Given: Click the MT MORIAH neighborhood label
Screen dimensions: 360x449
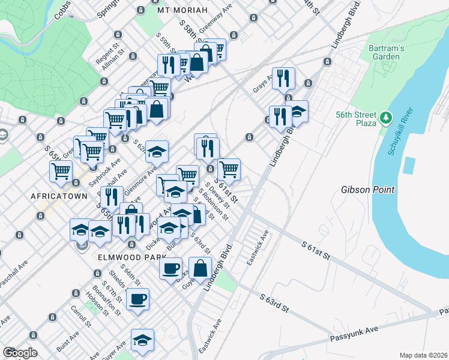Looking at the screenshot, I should [x=182, y=11].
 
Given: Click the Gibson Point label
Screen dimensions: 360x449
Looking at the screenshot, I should [x=368, y=190].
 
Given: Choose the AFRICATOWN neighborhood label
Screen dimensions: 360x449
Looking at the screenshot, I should [x=55, y=196].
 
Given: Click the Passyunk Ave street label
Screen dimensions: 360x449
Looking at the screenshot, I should [x=354, y=334].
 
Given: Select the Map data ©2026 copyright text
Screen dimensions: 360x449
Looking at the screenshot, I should [x=423, y=355].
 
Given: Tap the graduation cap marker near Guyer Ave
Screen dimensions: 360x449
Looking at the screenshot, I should [x=142, y=340].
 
